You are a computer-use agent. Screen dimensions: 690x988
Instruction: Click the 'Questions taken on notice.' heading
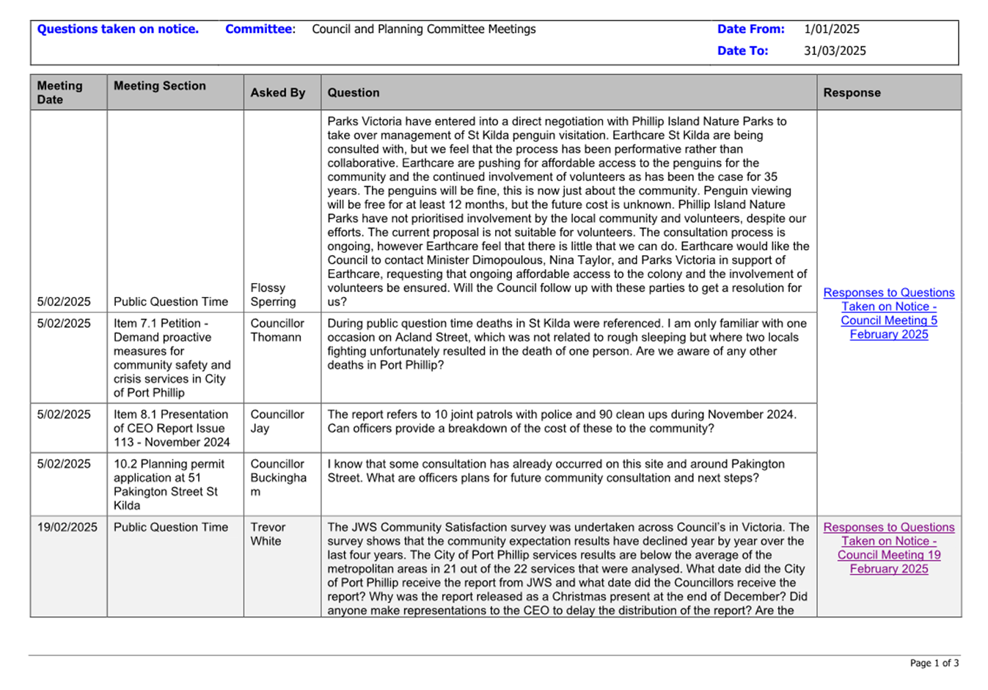click(x=117, y=29)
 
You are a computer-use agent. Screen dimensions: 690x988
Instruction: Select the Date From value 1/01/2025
click(x=831, y=29)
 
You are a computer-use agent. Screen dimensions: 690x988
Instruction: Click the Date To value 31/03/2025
click(x=835, y=51)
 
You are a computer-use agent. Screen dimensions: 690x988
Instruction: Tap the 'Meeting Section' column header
click(x=159, y=86)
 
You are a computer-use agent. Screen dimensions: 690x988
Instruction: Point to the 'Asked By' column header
click(x=277, y=93)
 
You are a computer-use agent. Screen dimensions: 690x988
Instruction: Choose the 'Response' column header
click(x=852, y=93)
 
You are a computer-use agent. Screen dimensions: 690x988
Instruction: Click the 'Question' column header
click(x=353, y=93)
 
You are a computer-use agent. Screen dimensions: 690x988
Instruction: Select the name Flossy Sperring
click(x=272, y=295)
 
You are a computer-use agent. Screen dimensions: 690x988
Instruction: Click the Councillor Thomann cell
click(x=277, y=330)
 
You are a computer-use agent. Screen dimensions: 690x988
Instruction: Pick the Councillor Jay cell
click(x=277, y=421)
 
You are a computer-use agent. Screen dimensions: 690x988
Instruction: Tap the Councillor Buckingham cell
click(x=277, y=477)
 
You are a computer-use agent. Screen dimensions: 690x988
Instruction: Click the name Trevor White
click(x=267, y=534)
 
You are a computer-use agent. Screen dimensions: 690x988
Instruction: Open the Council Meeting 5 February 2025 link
click(x=888, y=313)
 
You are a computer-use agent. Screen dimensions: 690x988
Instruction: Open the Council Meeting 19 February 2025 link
click(x=888, y=548)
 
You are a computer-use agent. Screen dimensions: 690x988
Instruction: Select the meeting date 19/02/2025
click(x=67, y=527)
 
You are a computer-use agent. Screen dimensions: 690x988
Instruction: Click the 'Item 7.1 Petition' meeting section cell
click(x=171, y=358)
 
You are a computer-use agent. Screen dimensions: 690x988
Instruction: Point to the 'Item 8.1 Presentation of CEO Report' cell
click(x=171, y=428)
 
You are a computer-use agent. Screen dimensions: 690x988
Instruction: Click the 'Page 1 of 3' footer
click(x=934, y=663)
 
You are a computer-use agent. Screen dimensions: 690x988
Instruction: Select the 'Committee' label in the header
click(x=259, y=29)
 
